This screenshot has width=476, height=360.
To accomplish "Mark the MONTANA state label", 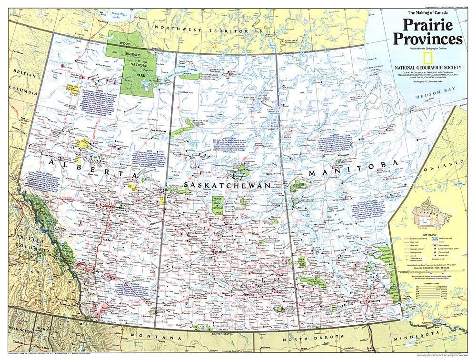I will [139, 336].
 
